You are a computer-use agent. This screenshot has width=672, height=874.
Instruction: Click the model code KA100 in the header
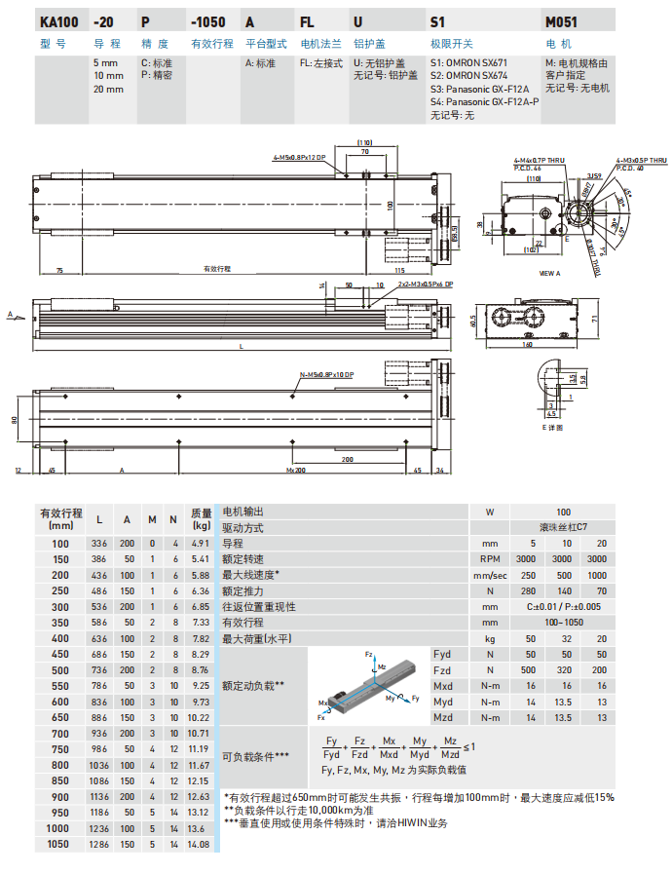[57, 20]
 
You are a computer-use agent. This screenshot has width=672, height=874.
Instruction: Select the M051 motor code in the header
[562, 20]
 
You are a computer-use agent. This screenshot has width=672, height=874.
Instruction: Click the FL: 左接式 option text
[320, 63]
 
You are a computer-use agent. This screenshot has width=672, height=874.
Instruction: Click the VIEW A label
[551, 274]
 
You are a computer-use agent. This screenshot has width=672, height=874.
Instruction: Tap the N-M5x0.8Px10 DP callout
[326, 375]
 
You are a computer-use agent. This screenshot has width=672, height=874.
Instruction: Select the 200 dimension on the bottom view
[348, 459]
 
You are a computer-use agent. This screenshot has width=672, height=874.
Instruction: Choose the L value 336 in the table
[99, 543]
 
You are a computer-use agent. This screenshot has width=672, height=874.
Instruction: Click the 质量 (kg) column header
[201, 518]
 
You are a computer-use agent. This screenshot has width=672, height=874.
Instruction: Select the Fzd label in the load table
[441, 670]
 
